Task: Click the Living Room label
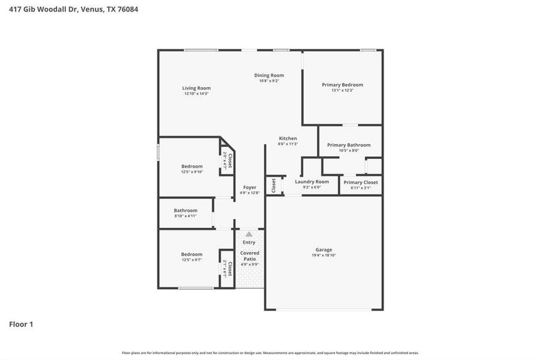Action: tap(196, 88)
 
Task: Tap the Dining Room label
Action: tap(269, 75)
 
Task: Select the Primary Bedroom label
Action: tap(342, 85)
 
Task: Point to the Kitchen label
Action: tap(288, 139)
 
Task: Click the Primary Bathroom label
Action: tap(349, 145)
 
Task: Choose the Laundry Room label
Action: tap(312, 181)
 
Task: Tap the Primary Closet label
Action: tap(361, 182)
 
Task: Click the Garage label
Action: tap(324, 250)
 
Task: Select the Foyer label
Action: tap(249, 187)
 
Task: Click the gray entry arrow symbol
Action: tap(249, 234)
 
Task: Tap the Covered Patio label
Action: tap(250, 256)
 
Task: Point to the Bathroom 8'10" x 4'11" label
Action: tap(186, 211)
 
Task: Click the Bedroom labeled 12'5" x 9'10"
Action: tap(192, 166)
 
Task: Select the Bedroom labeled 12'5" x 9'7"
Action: tap(192, 254)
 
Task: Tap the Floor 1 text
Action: tap(21, 325)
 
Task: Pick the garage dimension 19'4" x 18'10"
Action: tap(324, 255)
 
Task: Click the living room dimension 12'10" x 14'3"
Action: tap(196, 94)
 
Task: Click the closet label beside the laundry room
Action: tap(274, 185)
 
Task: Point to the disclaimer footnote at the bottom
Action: tap(270, 353)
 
